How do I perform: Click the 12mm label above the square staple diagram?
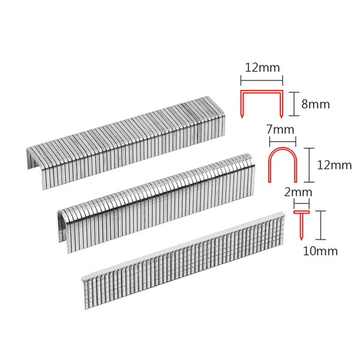(262, 68)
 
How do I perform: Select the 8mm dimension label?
(316, 104)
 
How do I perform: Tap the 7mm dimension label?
(280, 130)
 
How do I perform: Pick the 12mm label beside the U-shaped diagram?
(334, 165)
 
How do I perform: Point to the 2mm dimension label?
(298, 192)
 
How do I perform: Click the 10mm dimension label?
(320, 251)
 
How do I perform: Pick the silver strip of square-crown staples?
(126, 142)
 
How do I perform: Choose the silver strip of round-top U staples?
(156, 203)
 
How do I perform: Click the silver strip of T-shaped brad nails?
(183, 260)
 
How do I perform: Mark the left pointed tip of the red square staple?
(242, 118)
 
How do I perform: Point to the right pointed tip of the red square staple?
(281, 118)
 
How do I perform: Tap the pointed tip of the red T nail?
(301, 240)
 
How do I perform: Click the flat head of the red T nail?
(302, 212)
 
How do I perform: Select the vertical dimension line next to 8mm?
(294, 104)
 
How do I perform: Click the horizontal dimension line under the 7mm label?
(283, 142)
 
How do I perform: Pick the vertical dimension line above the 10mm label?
(320, 225)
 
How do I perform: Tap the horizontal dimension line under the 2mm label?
(301, 203)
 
